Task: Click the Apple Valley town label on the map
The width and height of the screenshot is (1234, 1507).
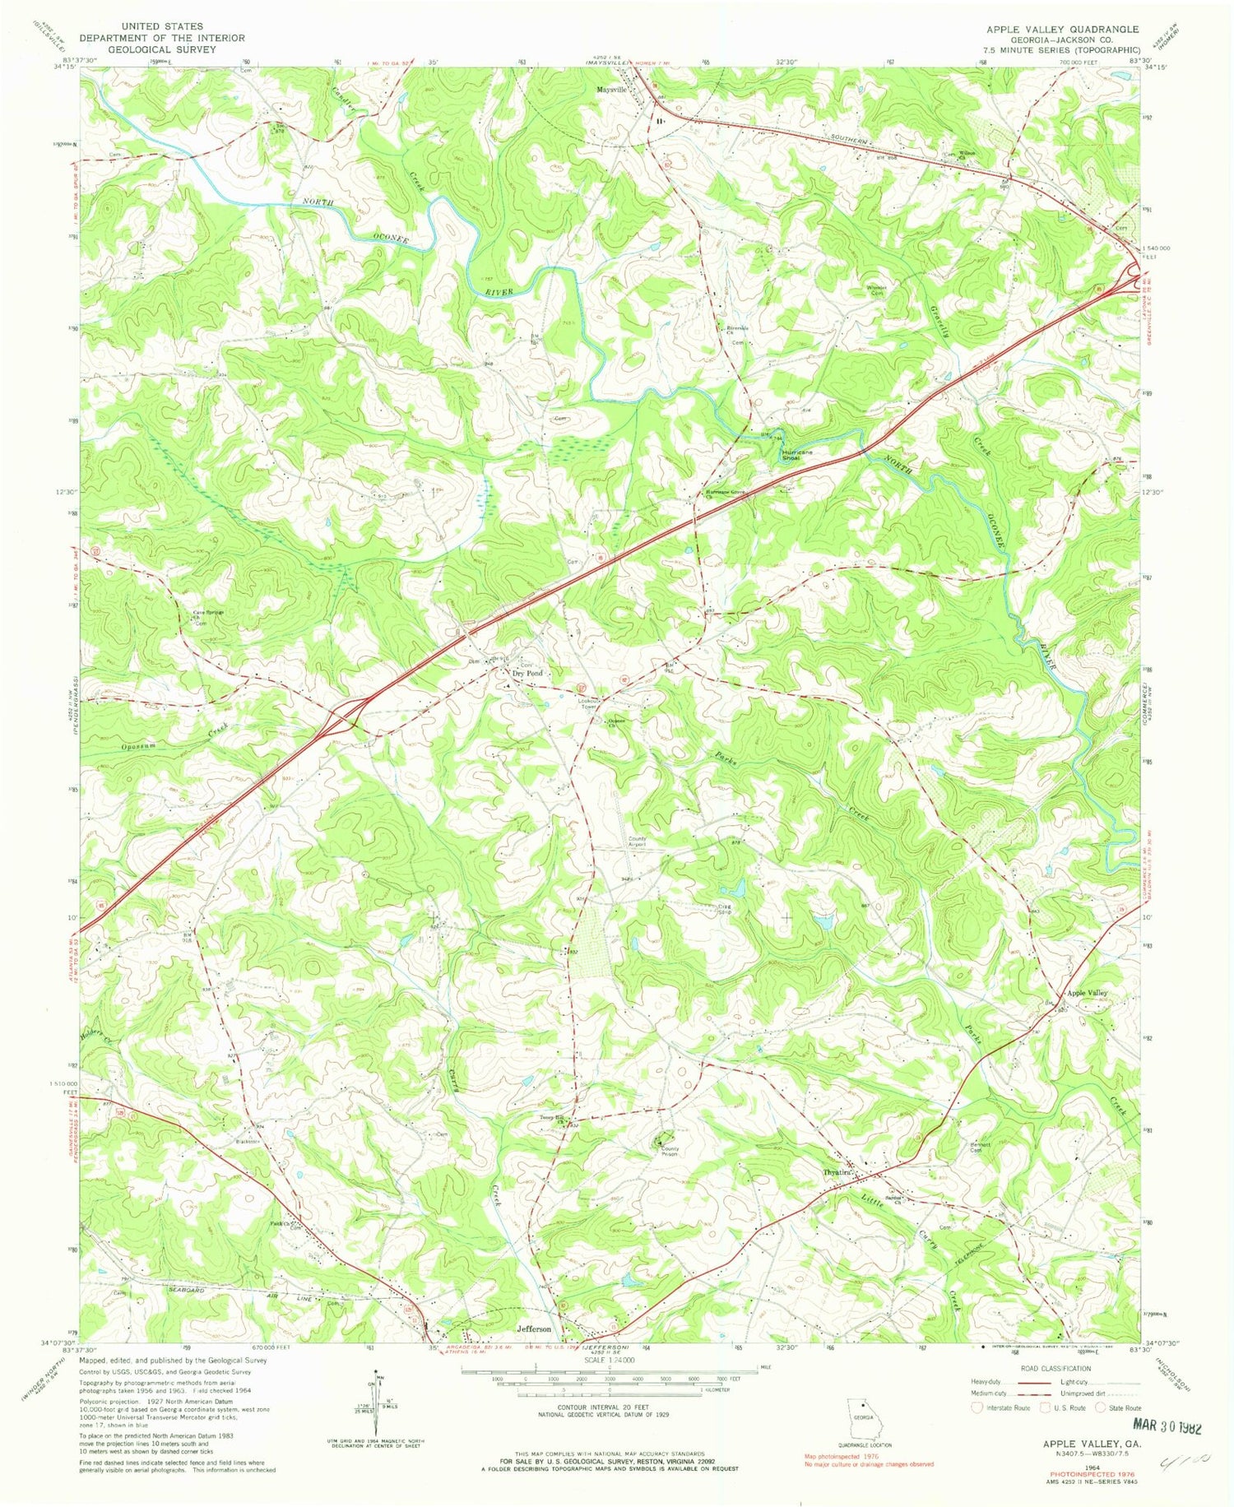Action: point(1087,993)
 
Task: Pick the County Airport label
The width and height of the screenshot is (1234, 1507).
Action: point(638,842)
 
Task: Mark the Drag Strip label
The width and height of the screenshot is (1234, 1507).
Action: point(725,910)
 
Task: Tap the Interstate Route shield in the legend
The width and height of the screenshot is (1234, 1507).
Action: point(977,1407)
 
